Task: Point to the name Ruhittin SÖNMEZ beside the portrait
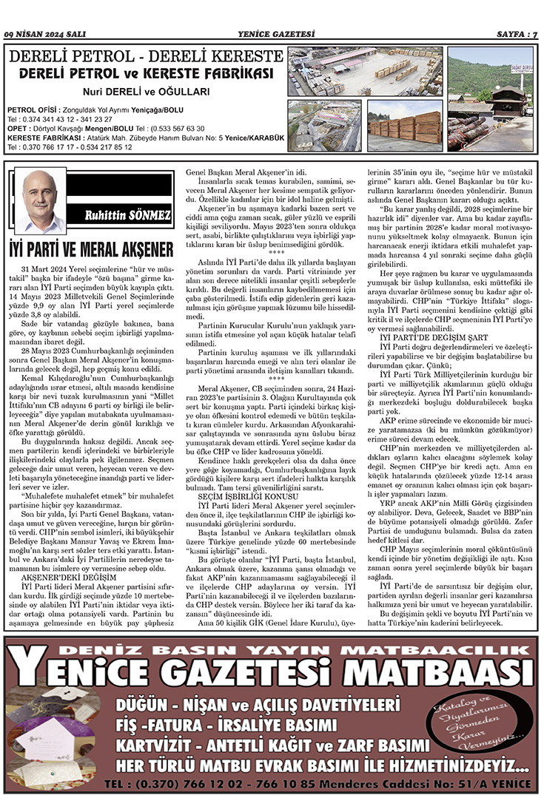tap(127, 214)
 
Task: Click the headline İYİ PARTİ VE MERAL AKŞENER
tap(92, 248)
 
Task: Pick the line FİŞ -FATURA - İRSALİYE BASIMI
tap(232, 723)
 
